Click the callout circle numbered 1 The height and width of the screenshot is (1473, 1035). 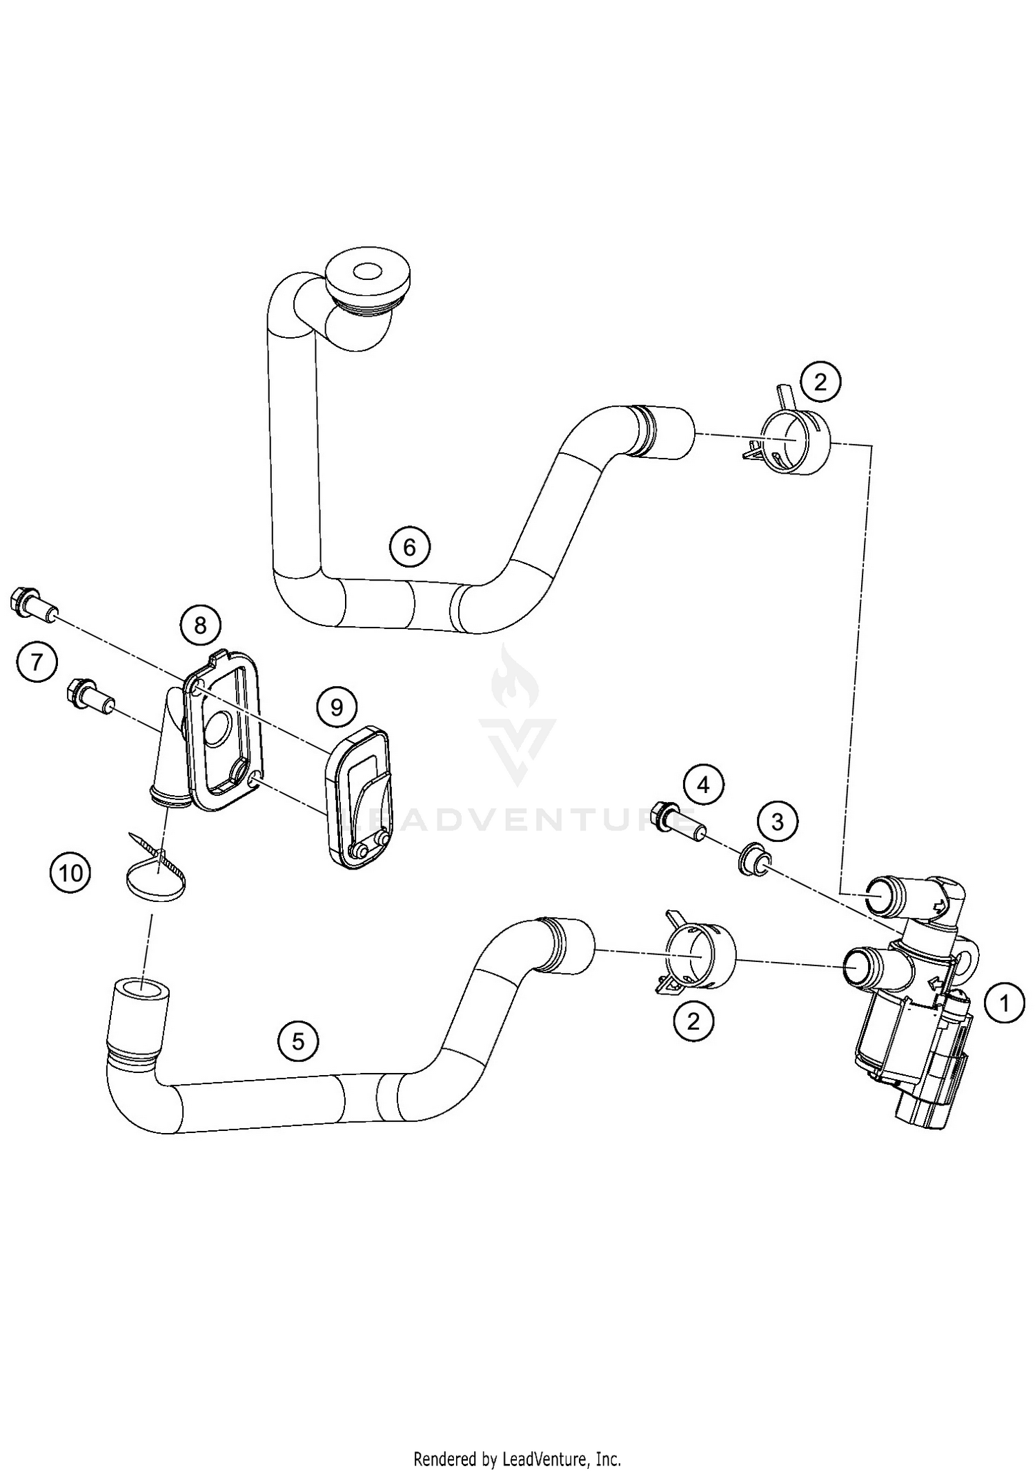[1005, 1003]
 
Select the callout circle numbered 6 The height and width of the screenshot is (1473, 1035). [409, 547]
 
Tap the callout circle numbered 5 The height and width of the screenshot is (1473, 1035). [298, 1041]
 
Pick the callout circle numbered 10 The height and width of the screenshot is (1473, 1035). [70, 874]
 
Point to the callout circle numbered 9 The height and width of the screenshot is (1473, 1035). [337, 708]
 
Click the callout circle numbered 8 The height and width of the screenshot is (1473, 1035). [200, 625]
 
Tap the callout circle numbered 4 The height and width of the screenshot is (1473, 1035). [703, 785]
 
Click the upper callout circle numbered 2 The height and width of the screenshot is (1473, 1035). [820, 381]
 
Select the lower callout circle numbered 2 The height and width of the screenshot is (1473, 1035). [693, 1021]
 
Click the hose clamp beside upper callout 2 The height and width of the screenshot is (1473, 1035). [790, 441]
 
